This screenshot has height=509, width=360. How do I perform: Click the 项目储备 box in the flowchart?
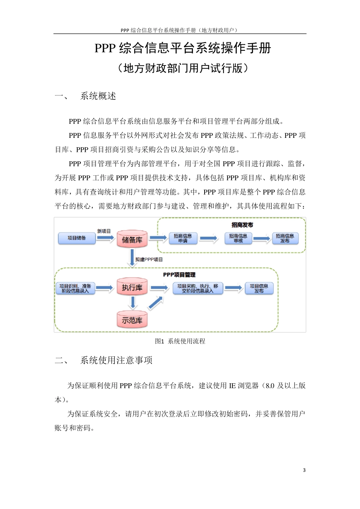[77, 238]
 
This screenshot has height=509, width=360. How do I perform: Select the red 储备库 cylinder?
[132, 239]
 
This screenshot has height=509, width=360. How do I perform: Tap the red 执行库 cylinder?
[132, 287]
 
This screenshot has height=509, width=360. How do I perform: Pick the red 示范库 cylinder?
[132, 320]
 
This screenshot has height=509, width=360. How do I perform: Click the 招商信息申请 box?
[183, 238]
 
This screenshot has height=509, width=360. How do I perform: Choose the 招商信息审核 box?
[238, 238]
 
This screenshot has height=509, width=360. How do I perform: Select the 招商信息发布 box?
[285, 238]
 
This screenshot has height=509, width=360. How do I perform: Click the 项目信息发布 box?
[259, 288]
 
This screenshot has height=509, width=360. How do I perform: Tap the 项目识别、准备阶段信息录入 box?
[75, 288]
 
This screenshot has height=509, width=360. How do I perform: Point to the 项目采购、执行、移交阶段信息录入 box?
[197, 288]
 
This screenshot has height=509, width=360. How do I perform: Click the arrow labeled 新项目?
[105, 238]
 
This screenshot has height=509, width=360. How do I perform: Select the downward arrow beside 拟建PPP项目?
[132, 259]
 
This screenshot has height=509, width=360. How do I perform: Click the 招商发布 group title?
[242, 225]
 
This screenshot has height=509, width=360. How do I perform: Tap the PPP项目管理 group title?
[179, 275]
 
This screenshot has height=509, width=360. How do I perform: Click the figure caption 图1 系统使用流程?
[180, 341]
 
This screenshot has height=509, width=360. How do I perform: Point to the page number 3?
[304, 470]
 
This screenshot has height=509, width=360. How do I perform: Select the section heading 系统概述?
[98, 96]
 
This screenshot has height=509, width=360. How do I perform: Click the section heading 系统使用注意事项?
[116, 360]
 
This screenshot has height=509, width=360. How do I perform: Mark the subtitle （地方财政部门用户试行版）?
[183, 68]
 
